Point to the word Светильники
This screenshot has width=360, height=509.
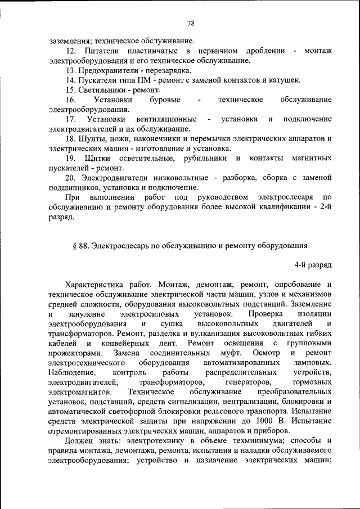point(101,90)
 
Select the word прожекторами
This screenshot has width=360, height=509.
point(75,353)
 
